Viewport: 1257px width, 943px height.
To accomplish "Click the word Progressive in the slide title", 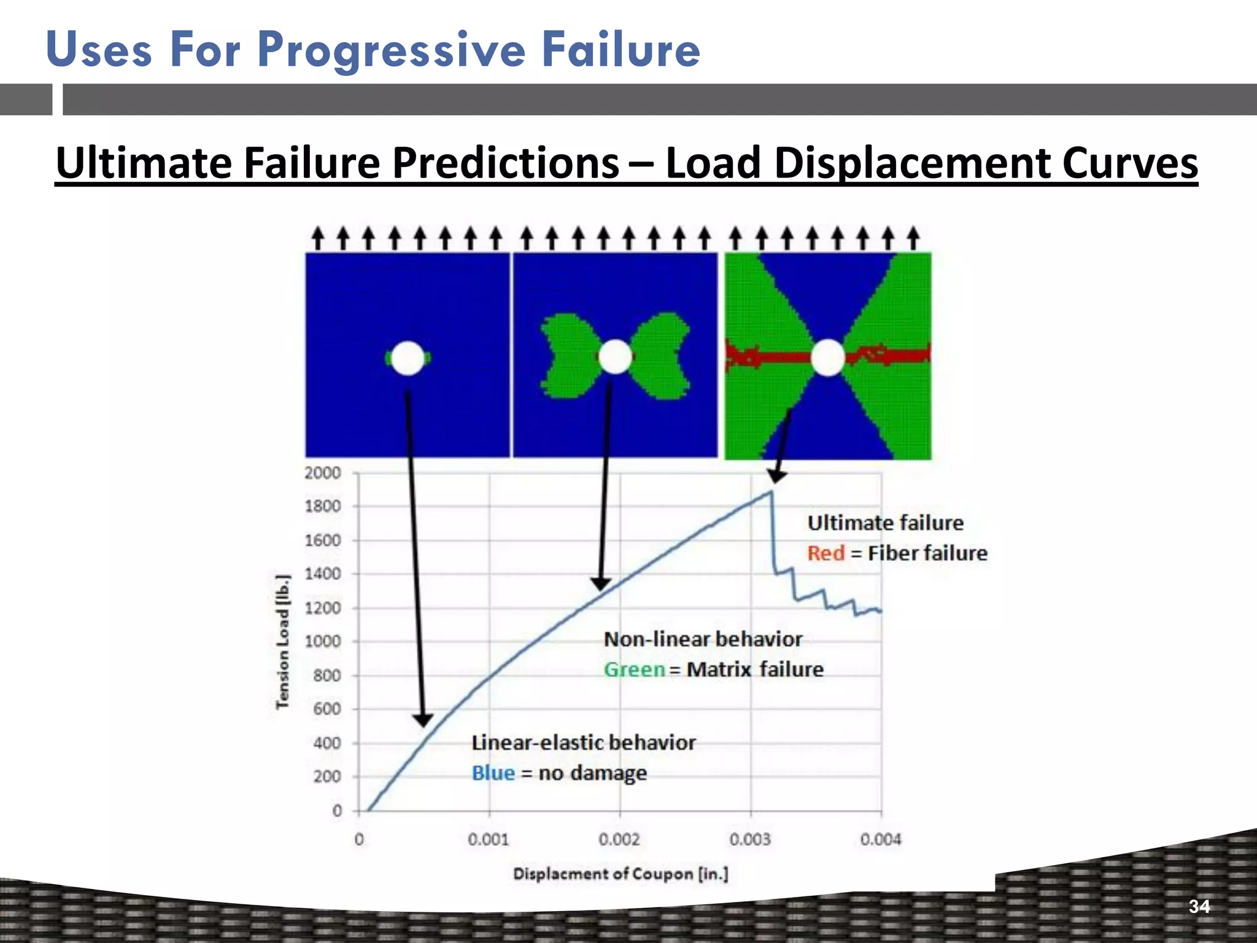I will click(391, 50).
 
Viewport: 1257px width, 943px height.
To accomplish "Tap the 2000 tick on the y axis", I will click(322, 473).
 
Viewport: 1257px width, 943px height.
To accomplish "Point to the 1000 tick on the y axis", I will click(322, 641).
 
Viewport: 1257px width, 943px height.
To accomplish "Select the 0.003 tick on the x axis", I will click(750, 839).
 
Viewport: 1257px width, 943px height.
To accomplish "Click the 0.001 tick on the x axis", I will click(489, 839).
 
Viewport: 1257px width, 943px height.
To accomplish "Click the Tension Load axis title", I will click(282, 642).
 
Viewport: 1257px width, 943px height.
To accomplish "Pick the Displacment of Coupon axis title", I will click(621, 874).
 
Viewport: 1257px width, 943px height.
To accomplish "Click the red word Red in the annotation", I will click(826, 553).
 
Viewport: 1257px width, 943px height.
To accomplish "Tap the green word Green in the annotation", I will click(634, 669).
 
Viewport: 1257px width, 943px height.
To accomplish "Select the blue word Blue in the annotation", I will click(493, 773).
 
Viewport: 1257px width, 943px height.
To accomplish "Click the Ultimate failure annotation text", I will click(885, 523).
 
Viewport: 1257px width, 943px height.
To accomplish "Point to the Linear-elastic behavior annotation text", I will click(583, 743).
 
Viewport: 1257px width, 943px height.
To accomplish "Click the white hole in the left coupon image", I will click(408, 358).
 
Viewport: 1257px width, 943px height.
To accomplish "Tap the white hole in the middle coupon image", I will click(615, 357).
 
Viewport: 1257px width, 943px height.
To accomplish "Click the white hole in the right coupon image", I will click(828, 357).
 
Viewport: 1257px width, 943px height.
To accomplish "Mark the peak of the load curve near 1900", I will click(771, 492).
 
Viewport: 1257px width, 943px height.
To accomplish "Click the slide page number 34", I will click(1199, 906).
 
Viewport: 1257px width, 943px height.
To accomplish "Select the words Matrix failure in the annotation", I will click(755, 669).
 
